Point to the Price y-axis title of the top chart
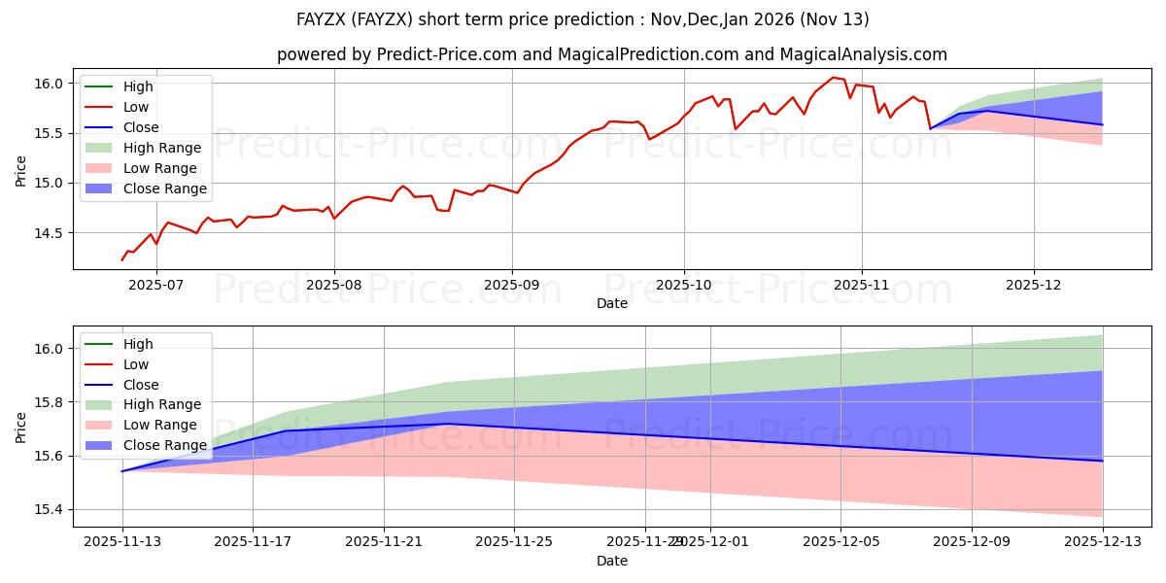tap(21, 170)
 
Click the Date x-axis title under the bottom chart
tap(612, 561)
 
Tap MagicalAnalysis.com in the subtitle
tap(870, 54)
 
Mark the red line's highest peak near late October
tap(832, 78)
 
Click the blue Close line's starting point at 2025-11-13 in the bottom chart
tap(122, 471)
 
